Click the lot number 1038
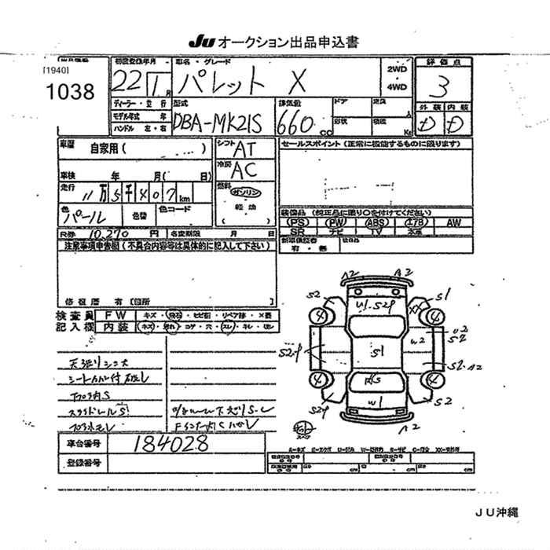tap(71, 92)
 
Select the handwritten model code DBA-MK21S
tap(217, 121)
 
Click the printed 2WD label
tap(398, 70)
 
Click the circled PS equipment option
tap(296, 223)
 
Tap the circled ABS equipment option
tap(376, 223)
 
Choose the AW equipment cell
tap(453, 223)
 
